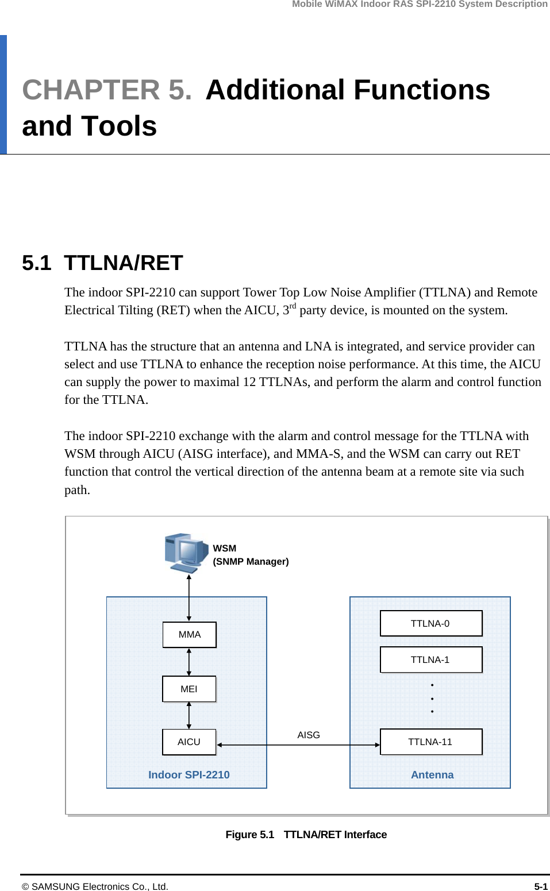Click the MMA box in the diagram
[189, 634]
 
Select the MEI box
[189, 689]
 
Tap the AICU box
[189, 742]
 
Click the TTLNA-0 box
[430, 623]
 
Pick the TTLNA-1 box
[430, 659]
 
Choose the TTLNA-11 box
[430, 742]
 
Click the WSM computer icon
[185, 553]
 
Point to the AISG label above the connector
[309, 735]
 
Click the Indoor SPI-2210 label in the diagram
[189, 774]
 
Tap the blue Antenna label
[432, 774]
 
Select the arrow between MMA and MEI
[189, 662]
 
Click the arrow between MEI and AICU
[189, 715]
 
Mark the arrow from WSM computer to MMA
[189, 597]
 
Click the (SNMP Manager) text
[251, 561]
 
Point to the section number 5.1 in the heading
[37, 263]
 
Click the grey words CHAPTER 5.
[107, 90]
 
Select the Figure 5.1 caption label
[250, 834]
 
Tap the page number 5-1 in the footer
[540, 886]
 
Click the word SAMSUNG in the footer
[55, 886]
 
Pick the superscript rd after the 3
[293, 306]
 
